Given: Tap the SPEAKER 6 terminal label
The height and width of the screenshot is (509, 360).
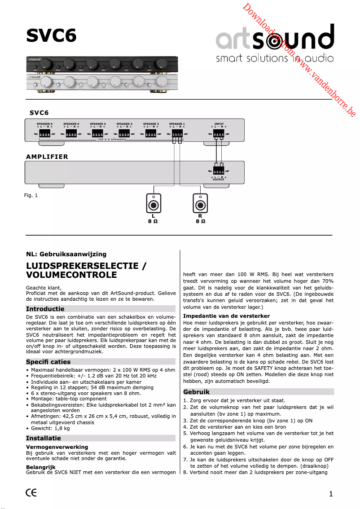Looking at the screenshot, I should (44, 123).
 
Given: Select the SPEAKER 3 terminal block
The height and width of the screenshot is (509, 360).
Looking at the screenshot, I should (124, 133).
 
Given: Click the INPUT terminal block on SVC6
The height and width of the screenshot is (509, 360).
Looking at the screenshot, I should (219, 133).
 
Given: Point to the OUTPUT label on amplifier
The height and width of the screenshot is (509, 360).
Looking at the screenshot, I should (219, 180).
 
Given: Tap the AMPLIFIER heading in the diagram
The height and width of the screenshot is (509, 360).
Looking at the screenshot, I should (47, 157).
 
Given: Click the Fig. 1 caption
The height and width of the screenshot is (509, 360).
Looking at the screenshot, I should (31, 195).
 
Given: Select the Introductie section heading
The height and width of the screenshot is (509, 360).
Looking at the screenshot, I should (45, 309).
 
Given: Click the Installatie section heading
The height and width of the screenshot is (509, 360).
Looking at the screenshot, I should (44, 438).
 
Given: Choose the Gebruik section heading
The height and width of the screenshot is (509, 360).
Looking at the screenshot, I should (197, 392).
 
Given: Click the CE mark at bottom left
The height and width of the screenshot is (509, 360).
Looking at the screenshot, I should (31, 492).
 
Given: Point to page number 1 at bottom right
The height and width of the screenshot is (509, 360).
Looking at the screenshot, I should (331, 494).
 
